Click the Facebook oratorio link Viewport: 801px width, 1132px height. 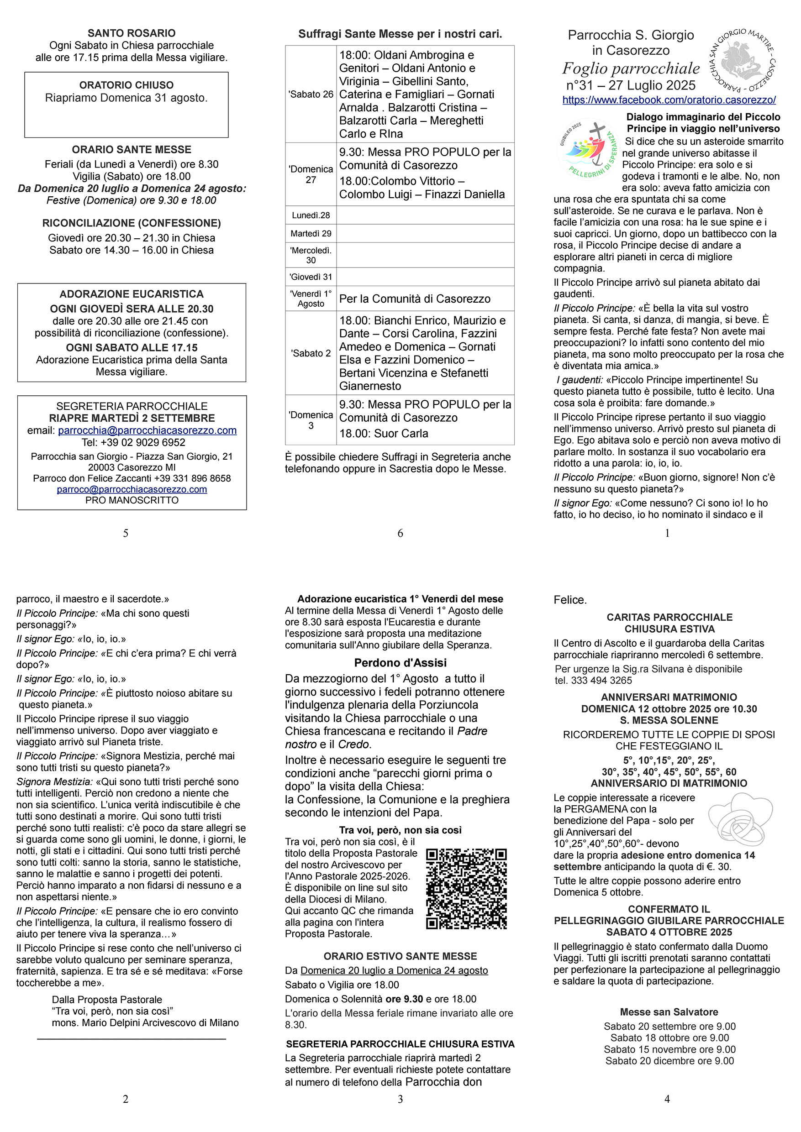coord(669,100)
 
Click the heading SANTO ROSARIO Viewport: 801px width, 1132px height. coord(131,33)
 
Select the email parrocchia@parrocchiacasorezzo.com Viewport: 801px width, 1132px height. coord(147,430)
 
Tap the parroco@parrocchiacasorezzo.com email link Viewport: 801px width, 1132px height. coord(132,490)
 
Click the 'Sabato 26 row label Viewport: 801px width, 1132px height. coord(311,94)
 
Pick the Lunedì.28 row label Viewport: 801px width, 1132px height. coord(311,215)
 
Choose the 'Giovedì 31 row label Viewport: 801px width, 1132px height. coord(311,277)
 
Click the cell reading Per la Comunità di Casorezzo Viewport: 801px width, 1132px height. coord(414,299)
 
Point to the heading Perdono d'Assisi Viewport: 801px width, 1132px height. coord(400,663)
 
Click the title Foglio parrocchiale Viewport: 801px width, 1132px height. coord(631,68)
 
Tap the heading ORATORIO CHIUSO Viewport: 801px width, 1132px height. coord(126,85)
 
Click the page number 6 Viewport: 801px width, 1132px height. coord(400,533)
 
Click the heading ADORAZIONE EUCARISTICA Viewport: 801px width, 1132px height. coord(131,294)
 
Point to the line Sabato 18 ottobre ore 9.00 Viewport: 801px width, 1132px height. coord(669,1038)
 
